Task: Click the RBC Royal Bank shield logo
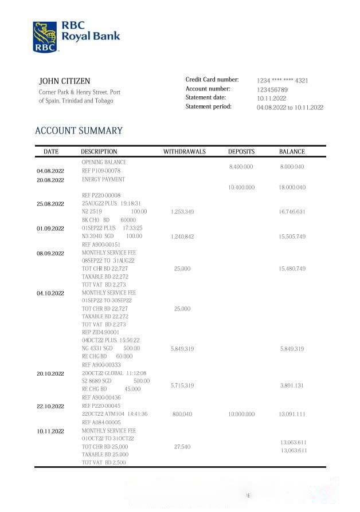point(45,37)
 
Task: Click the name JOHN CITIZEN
point(64,81)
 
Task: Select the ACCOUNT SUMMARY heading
point(79,131)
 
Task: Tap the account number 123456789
point(272,89)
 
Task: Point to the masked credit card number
point(282,81)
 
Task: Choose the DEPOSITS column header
point(241,152)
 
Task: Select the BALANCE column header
point(292,152)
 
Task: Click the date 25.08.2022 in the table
point(50,204)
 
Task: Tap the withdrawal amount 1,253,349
point(182,212)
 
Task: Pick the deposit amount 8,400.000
point(241,166)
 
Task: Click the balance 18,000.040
point(292,187)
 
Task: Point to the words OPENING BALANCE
point(104,162)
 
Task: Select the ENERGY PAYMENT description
point(103,179)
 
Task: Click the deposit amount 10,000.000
point(241,413)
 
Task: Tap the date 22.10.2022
point(50,406)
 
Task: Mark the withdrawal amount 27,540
point(182,447)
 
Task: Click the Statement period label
point(209,107)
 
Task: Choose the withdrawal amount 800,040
point(182,413)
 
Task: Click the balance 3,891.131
point(292,385)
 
